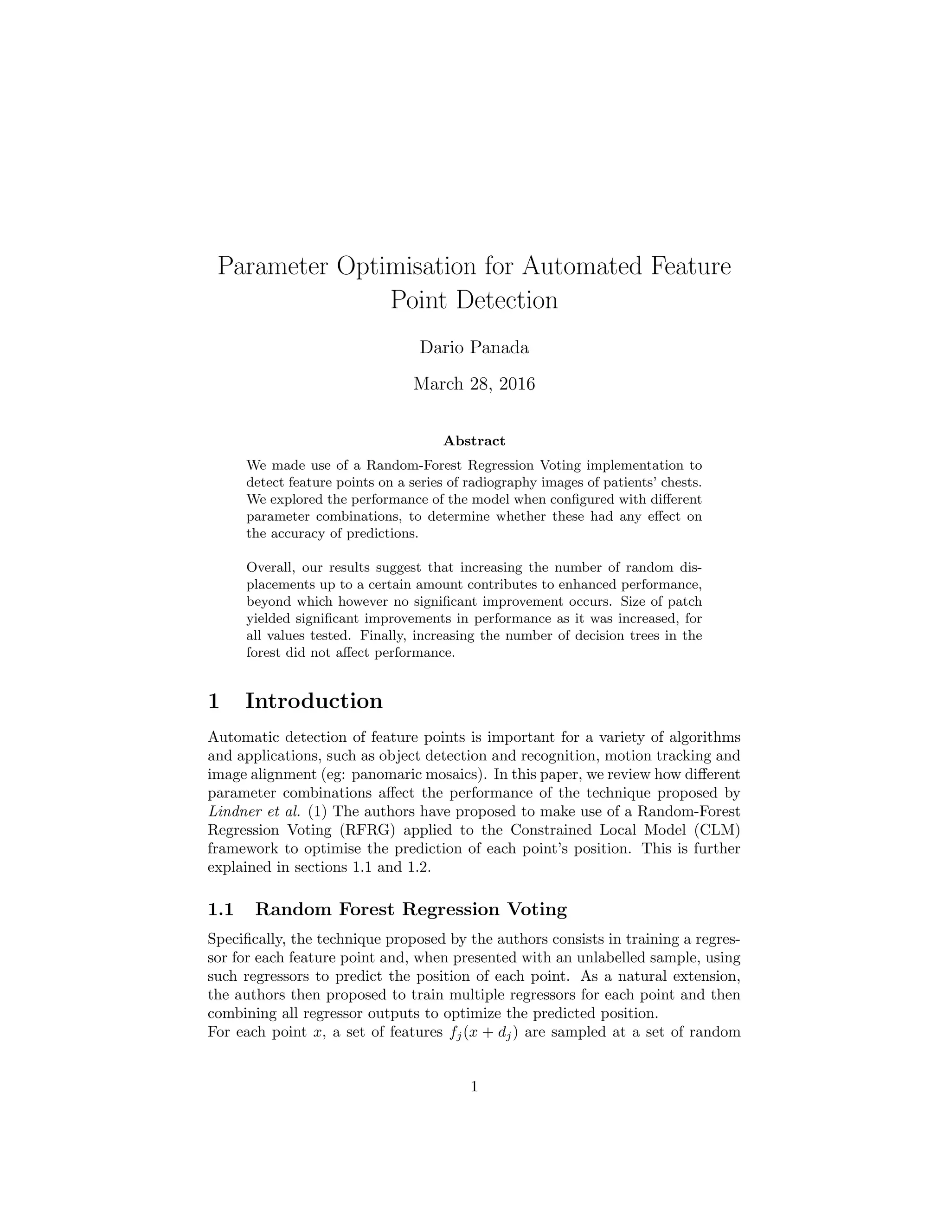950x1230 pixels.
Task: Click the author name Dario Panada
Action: pos(474,348)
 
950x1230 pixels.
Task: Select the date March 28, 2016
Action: pos(474,384)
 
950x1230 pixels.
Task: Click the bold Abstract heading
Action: pos(474,441)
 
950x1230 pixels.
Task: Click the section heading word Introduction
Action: pos(314,701)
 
